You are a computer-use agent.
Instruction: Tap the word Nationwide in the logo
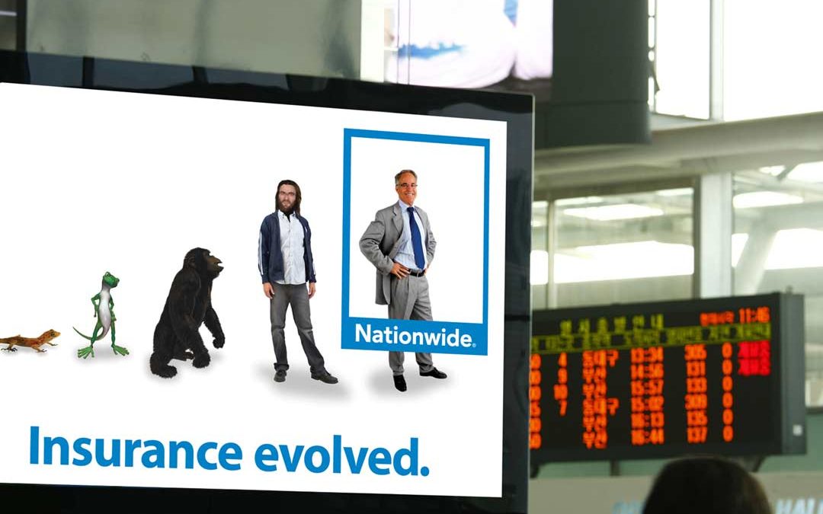(414, 335)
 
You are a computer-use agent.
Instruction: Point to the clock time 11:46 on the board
(754, 315)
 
